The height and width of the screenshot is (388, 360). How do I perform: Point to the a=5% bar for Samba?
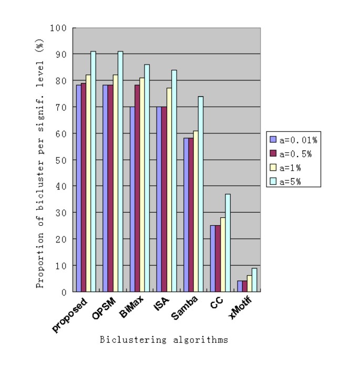200,194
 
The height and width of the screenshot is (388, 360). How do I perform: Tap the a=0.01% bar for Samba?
186,215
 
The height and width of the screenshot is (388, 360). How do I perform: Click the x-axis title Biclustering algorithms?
164,340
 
